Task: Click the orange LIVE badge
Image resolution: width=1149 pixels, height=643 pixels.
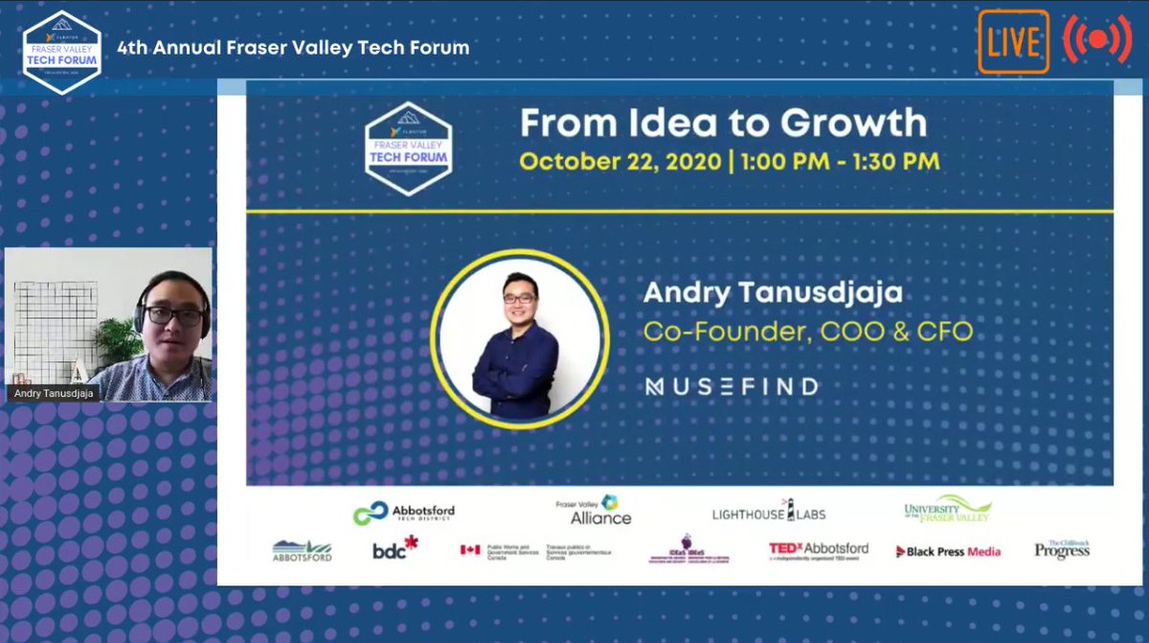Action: coord(1013,41)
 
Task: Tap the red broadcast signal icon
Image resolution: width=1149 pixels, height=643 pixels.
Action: coord(1096,40)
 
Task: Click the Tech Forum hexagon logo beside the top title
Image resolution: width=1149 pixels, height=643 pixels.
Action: coord(61,49)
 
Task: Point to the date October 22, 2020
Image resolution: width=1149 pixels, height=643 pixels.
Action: coord(620,160)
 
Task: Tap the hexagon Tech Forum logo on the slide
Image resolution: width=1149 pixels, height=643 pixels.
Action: coord(409,149)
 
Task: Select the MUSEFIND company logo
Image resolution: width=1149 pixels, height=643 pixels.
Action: coord(732,387)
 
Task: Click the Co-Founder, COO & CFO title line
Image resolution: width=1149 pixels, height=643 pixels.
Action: coord(807,332)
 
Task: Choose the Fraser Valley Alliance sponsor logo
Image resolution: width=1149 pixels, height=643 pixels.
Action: coord(594,510)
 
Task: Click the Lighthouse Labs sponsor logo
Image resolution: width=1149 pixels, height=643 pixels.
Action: coord(769,513)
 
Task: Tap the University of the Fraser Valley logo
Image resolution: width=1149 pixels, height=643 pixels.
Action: coord(948,509)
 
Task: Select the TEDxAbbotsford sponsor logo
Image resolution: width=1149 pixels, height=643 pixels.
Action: coord(819,550)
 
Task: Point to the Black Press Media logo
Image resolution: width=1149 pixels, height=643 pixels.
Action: coord(948,551)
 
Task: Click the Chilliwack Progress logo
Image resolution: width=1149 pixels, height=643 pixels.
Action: coord(1062,549)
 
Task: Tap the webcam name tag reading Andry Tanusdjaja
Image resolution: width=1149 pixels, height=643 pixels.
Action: coord(56,393)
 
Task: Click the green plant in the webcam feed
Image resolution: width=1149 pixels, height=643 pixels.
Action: coord(119,339)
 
